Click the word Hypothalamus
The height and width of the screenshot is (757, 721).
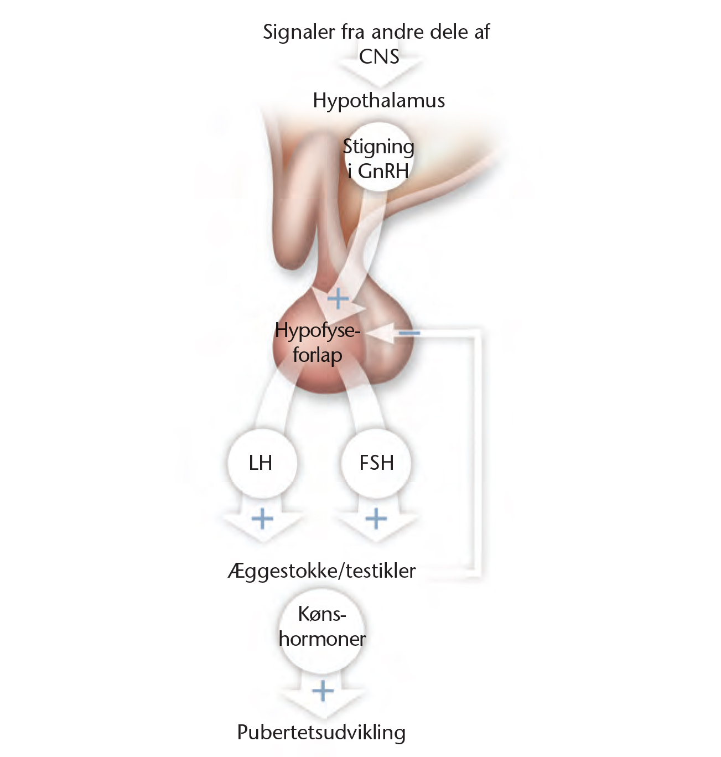[x=378, y=101]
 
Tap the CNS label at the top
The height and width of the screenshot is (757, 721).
[x=378, y=56]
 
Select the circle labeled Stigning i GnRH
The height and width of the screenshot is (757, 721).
[x=378, y=158]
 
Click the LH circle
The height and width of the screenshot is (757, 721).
[x=261, y=463]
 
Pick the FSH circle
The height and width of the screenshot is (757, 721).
[x=376, y=463]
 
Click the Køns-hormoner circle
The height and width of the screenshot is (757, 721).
[x=322, y=627]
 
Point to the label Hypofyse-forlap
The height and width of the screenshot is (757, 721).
[x=317, y=343]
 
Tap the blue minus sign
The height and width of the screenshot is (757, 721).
[x=410, y=333]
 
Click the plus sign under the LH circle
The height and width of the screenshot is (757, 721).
[x=262, y=519]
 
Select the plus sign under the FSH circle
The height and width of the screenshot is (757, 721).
[x=376, y=519]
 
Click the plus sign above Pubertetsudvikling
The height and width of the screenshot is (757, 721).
[x=323, y=691]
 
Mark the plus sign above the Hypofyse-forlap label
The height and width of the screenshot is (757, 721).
[x=338, y=299]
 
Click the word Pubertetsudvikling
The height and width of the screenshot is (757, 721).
[x=321, y=732]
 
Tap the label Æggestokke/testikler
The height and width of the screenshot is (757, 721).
[x=321, y=571]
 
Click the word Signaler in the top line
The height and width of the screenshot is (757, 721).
[x=299, y=32]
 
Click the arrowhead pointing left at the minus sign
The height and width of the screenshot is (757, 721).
[x=385, y=333]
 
